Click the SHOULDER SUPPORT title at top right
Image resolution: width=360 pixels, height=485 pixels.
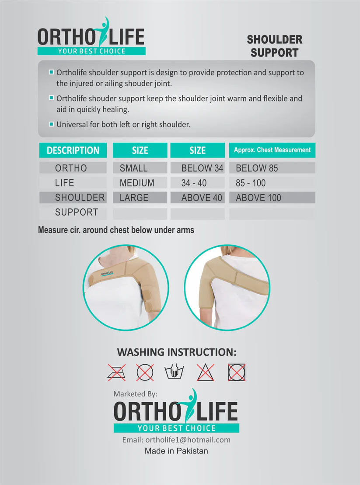[x=274, y=46]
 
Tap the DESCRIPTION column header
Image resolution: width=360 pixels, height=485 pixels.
[x=73, y=150]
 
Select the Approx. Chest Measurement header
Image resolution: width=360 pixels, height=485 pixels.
[x=272, y=150]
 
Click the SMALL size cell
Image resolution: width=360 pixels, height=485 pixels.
[x=134, y=168]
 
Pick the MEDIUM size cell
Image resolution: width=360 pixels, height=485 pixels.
[x=137, y=183]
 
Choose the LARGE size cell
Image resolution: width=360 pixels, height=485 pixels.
[x=134, y=198]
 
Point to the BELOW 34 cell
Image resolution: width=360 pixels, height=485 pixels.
[x=202, y=168]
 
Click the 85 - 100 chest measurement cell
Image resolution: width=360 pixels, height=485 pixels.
[x=251, y=183]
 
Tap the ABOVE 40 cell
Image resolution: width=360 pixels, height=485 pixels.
[x=202, y=198]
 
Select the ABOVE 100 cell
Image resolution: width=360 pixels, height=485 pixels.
[x=259, y=198]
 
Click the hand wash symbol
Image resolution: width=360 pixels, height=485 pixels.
[x=174, y=371]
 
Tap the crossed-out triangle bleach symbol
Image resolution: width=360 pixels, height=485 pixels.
[x=206, y=372]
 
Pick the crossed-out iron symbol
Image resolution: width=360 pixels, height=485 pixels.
[x=116, y=372]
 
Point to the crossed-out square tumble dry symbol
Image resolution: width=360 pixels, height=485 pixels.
[x=237, y=372]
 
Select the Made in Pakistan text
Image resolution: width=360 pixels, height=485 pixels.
[x=176, y=451]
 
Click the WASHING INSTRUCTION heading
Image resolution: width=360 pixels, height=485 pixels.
[x=176, y=352]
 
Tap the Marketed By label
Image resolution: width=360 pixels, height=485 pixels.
[x=135, y=394]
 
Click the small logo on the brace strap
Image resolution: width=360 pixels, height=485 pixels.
[x=107, y=274]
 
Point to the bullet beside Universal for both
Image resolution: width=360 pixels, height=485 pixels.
[x=51, y=124]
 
